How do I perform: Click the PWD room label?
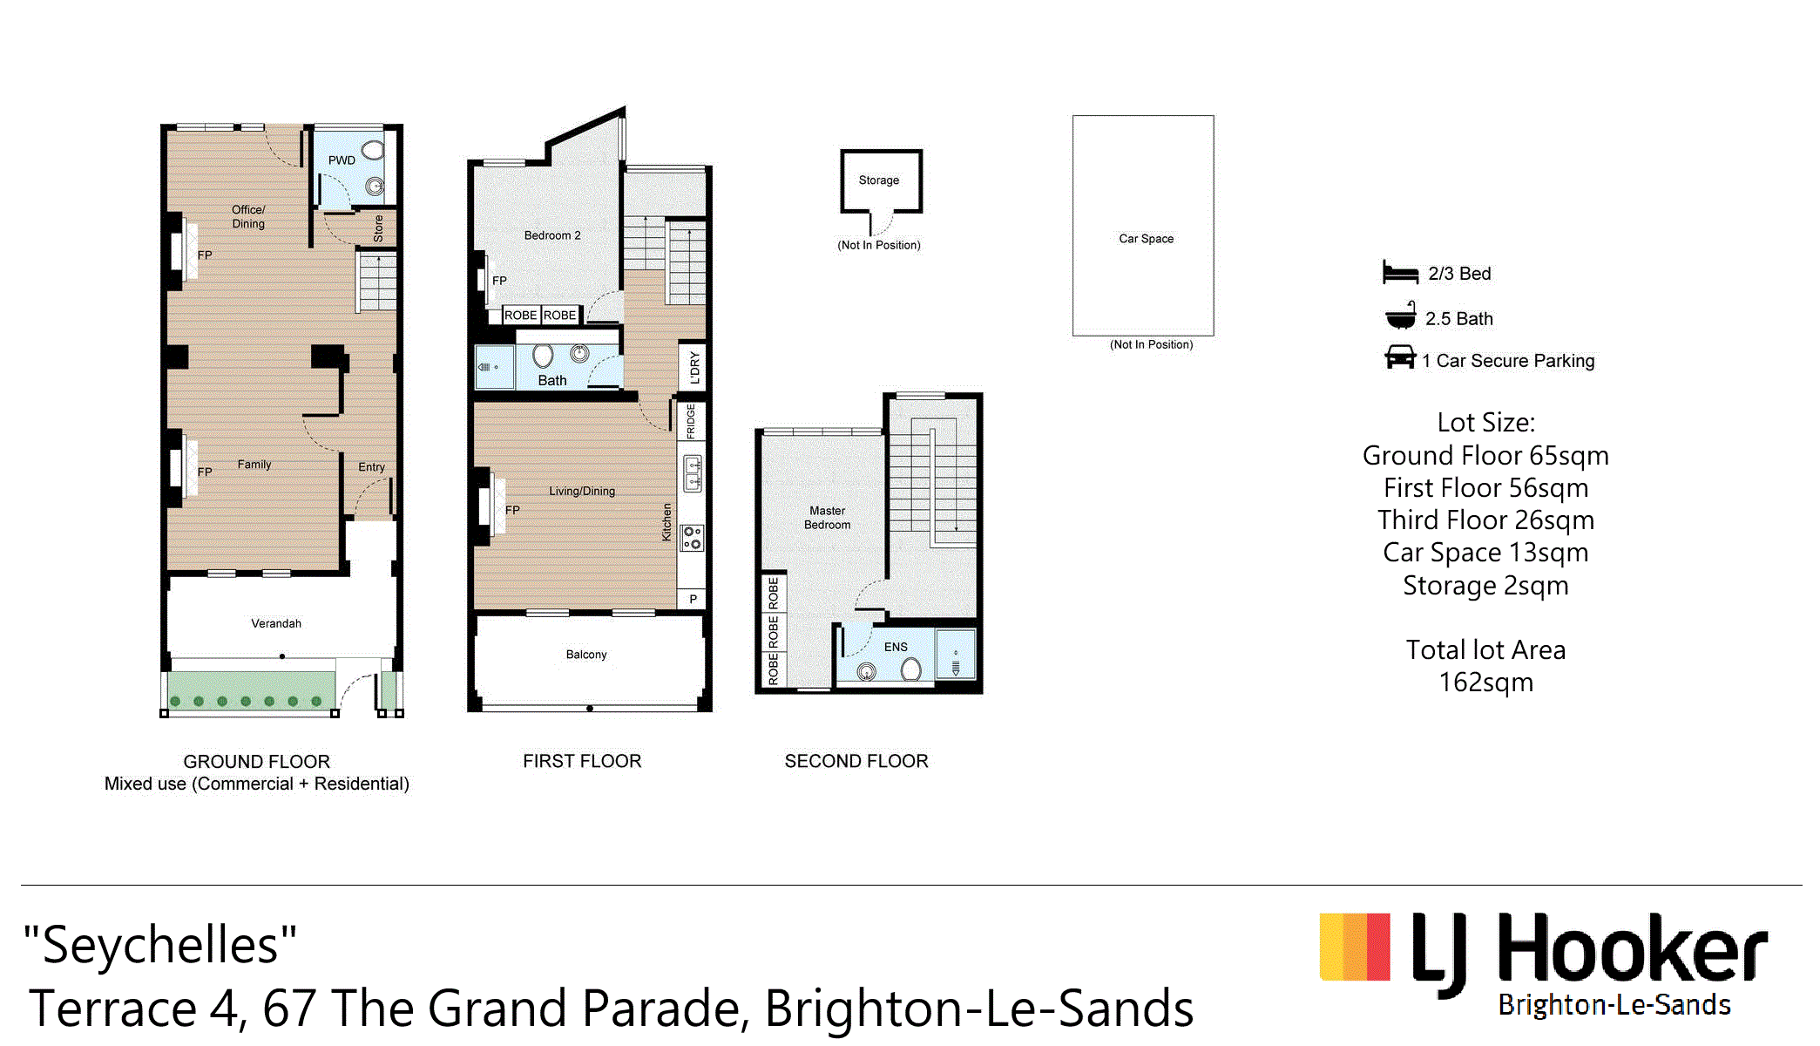click(342, 160)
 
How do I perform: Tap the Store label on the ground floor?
click(378, 228)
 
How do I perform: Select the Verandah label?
click(276, 623)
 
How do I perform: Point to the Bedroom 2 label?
click(552, 235)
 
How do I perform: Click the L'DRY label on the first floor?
click(694, 367)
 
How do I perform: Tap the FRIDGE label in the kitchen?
click(691, 421)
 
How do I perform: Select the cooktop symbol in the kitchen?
click(692, 537)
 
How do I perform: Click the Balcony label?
click(586, 655)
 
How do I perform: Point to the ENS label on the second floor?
click(896, 647)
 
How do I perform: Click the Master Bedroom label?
click(828, 518)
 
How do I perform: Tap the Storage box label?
click(879, 180)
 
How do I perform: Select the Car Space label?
click(1147, 239)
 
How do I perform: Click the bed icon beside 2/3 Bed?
click(1400, 273)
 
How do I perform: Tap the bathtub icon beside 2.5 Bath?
click(1401, 316)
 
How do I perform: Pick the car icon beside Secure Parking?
click(1400, 357)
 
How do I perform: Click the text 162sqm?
click(1486, 683)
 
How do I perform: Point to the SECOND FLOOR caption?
click(856, 761)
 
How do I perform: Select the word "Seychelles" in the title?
click(160, 944)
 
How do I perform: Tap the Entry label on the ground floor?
click(371, 467)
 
